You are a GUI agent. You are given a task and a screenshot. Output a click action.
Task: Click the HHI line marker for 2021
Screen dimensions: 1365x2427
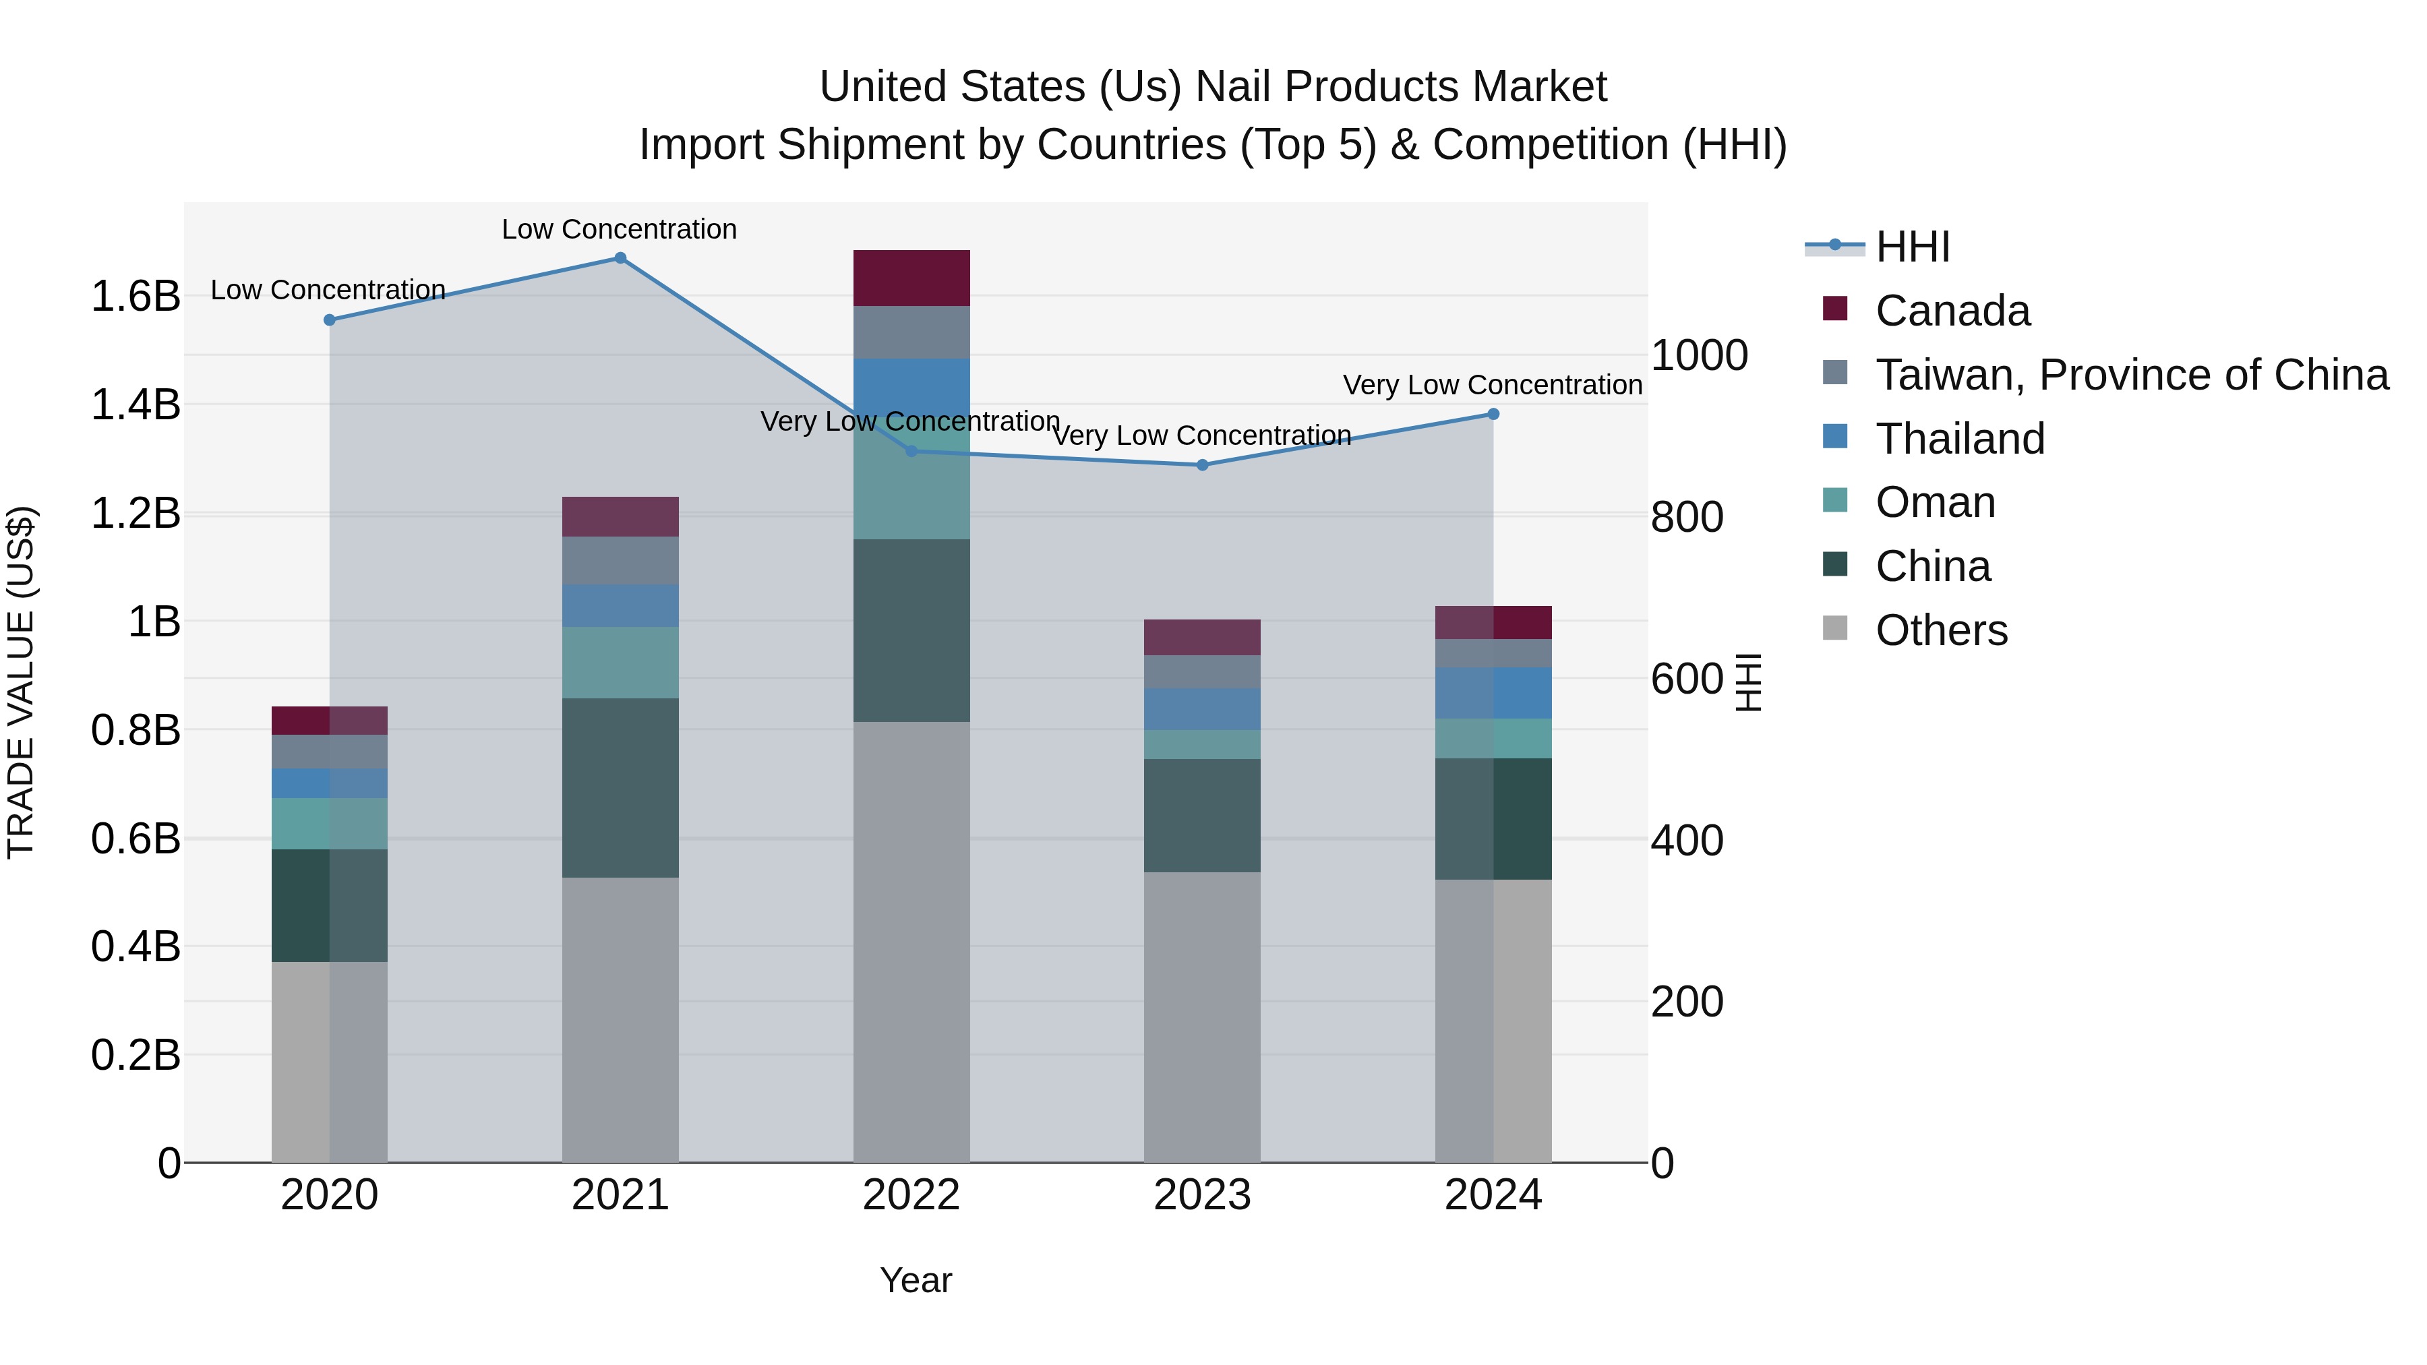(620, 258)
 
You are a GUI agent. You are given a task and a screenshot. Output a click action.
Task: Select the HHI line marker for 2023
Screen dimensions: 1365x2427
(1202, 465)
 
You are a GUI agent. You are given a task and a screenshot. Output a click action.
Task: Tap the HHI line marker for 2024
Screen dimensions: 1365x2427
(1493, 415)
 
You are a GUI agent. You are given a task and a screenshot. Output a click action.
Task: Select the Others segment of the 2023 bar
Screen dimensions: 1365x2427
(1202, 1017)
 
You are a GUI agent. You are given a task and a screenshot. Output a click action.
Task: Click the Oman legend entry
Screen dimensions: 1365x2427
(1934, 502)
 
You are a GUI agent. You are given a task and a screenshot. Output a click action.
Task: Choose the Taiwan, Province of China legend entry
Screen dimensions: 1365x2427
(2131, 375)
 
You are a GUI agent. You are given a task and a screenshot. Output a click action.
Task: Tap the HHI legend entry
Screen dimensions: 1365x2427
(1912, 247)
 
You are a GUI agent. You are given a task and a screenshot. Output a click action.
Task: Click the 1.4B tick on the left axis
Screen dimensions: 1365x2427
(136, 405)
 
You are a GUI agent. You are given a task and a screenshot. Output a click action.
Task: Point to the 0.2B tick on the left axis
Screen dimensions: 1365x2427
(136, 1055)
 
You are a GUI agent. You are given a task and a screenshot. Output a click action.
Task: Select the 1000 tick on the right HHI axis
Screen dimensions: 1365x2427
(1700, 355)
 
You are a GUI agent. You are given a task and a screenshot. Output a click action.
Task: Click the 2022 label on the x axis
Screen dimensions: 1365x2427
(911, 1195)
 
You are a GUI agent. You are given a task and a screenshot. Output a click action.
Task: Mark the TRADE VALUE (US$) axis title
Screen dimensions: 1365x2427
(21, 682)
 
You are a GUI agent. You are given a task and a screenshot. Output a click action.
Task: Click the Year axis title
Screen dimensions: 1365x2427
(916, 1280)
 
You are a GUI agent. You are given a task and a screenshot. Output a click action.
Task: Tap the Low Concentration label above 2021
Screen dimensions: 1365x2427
(619, 229)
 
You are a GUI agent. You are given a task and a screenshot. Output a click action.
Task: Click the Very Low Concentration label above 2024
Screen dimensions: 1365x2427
(1493, 386)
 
